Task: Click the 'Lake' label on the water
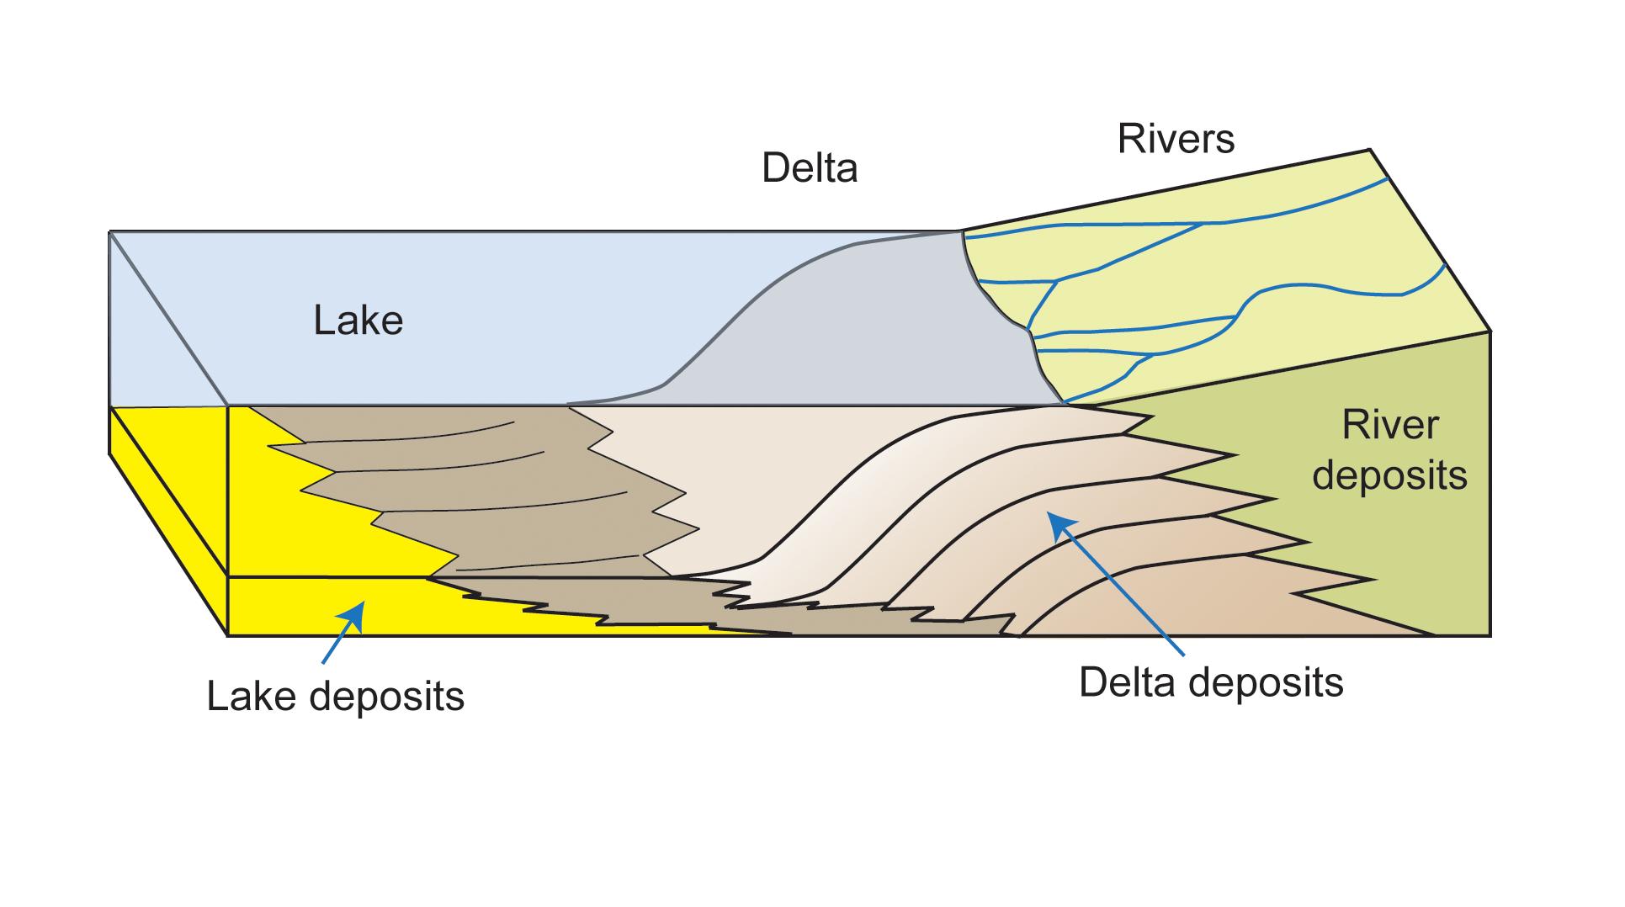click(358, 321)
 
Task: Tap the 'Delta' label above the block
click(810, 168)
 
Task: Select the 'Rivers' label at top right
click(1176, 139)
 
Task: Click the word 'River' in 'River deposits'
click(1389, 426)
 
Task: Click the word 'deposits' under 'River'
click(1389, 475)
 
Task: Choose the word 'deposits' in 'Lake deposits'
click(387, 697)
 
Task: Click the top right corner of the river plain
click(1371, 151)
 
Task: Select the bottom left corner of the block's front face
click(228, 635)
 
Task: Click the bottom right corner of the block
click(1490, 635)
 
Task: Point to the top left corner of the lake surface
click(110, 231)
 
